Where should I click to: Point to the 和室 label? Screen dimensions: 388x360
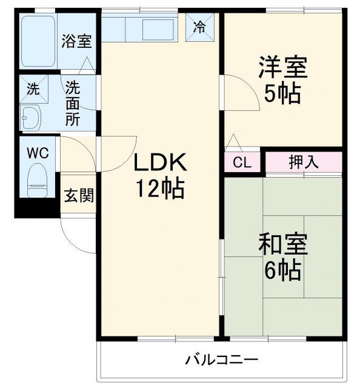coord(283,245)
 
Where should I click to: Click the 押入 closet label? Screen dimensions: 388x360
coord(303,162)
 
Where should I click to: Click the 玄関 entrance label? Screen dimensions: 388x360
coord(79,196)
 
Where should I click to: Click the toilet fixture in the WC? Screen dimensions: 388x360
coord(38,181)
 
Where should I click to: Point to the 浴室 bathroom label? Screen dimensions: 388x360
coord(76,42)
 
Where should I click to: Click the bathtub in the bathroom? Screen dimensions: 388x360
coord(38,41)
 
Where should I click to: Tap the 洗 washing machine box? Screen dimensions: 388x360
coord(33,89)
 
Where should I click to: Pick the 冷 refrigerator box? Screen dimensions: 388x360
coord(199,27)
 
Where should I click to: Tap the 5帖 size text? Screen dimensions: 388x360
coord(282,94)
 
